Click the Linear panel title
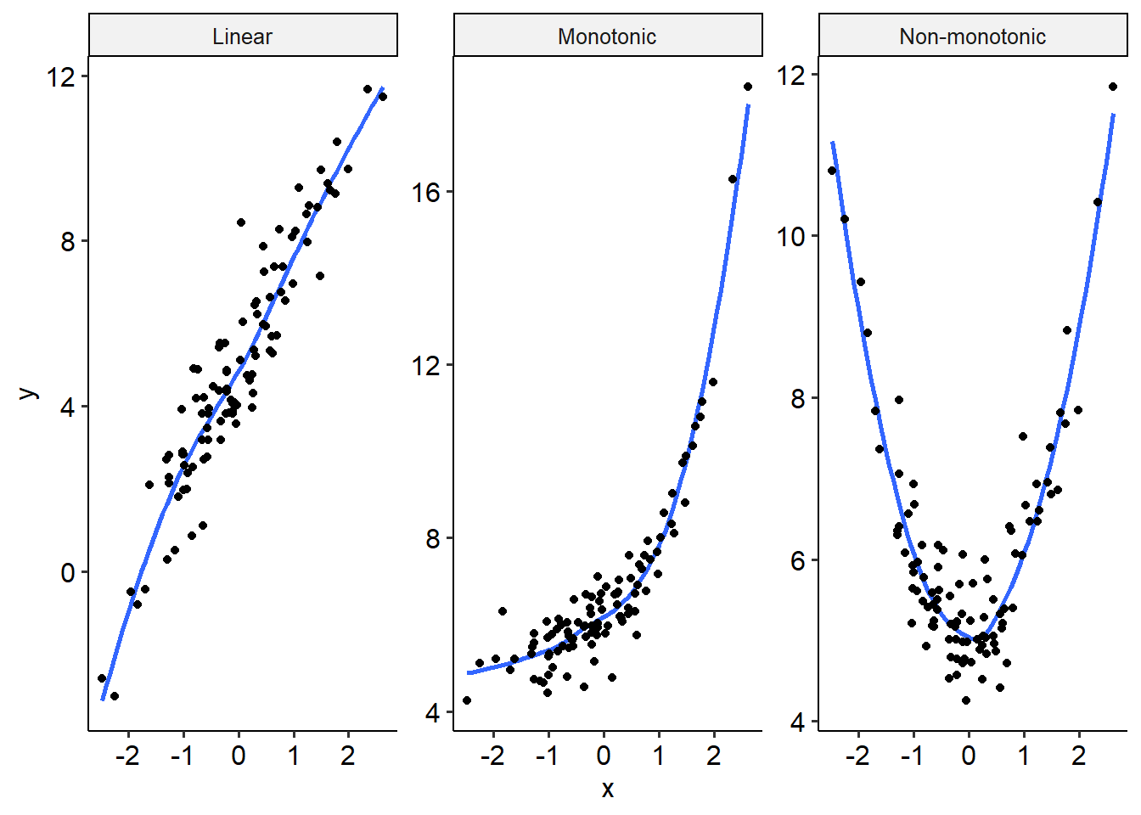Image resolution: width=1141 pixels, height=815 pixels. click(243, 37)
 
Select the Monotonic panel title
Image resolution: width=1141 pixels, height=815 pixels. click(607, 37)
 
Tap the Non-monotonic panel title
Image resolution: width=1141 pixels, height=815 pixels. click(972, 37)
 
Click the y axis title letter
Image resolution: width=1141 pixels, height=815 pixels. click(28, 393)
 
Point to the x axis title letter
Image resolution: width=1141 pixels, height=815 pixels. click(607, 790)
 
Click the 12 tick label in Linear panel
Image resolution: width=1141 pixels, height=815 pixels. click(61, 77)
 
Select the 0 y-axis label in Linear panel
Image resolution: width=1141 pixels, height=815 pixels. click(68, 573)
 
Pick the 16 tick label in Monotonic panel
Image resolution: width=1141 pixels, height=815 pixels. click(426, 193)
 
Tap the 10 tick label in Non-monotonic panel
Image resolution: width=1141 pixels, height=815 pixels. click(791, 237)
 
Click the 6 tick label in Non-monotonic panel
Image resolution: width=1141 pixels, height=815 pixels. click(797, 561)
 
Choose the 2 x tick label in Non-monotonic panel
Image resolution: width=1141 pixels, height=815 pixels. click(1079, 756)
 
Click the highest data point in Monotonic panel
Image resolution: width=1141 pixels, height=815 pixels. click(748, 87)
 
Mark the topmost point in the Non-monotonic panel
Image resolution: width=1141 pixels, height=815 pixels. click(1113, 87)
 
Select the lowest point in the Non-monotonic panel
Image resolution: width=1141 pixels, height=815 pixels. click(966, 700)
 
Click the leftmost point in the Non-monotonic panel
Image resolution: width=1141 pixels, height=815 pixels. click(832, 171)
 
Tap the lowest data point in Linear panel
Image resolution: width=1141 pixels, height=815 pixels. click(115, 696)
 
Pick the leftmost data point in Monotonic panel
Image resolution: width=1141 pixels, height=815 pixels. click(467, 700)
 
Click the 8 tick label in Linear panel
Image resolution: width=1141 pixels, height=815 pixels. click(68, 243)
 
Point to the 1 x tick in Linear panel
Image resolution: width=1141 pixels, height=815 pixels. click(294, 756)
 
